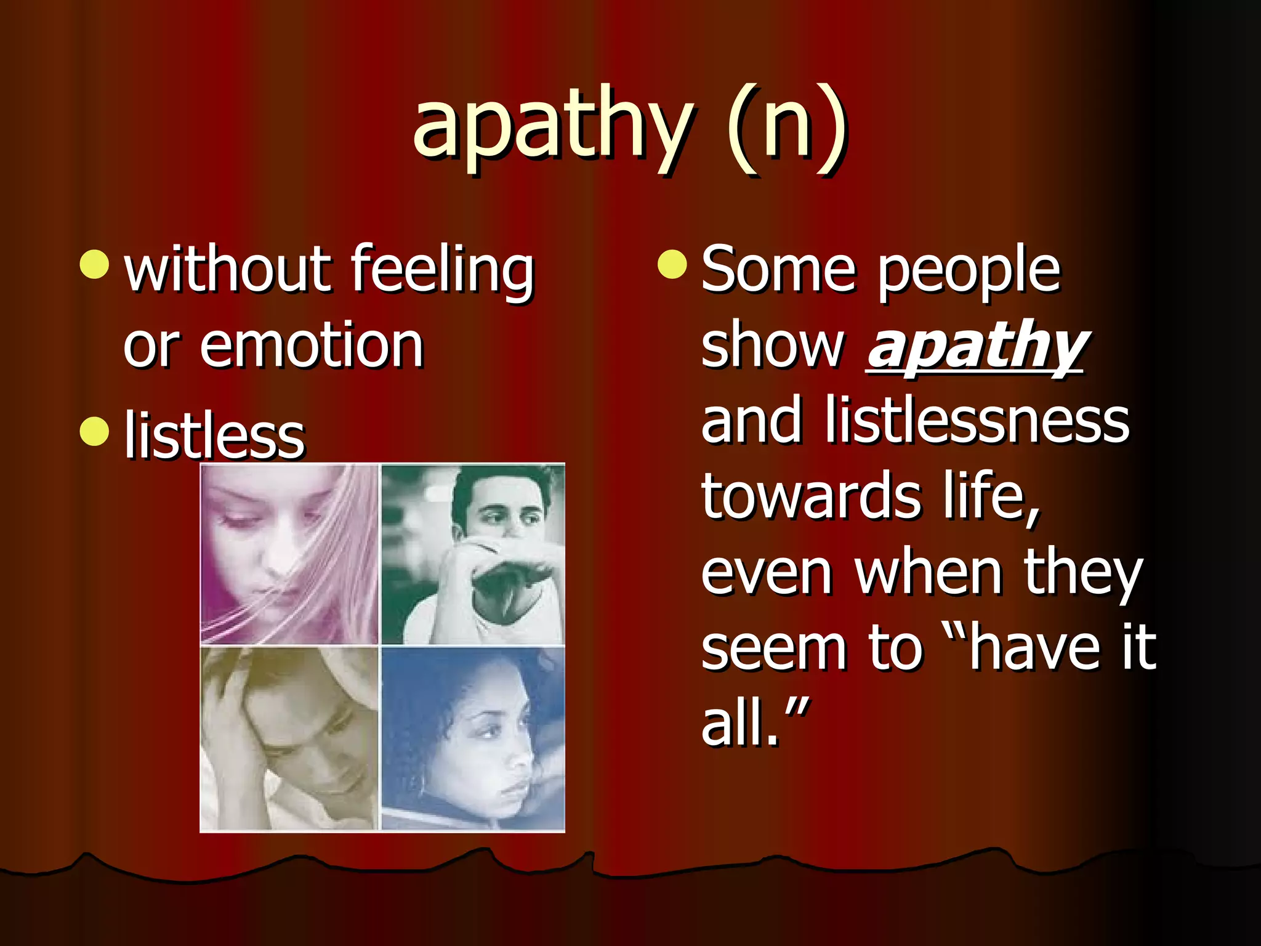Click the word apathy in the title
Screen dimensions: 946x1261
pyautogui.click(x=553, y=126)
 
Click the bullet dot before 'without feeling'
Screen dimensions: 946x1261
pyautogui.click(x=94, y=264)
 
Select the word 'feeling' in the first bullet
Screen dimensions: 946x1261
pyautogui.click(x=442, y=271)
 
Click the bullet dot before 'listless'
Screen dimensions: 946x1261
pyautogui.click(x=94, y=431)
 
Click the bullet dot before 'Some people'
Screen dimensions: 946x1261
pyautogui.click(x=672, y=264)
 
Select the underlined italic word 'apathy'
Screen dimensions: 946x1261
pyautogui.click(x=976, y=346)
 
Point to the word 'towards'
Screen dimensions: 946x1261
pyautogui.click(x=811, y=496)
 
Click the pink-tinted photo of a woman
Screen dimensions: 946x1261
pyautogui.click(x=289, y=554)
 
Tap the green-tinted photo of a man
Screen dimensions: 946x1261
pyautogui.click(x=473, y=554)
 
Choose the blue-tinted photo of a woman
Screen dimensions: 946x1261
pyautogui.click(x=473, y=738)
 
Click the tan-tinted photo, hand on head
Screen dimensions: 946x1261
pyautogui.click(x=289, y=738)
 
